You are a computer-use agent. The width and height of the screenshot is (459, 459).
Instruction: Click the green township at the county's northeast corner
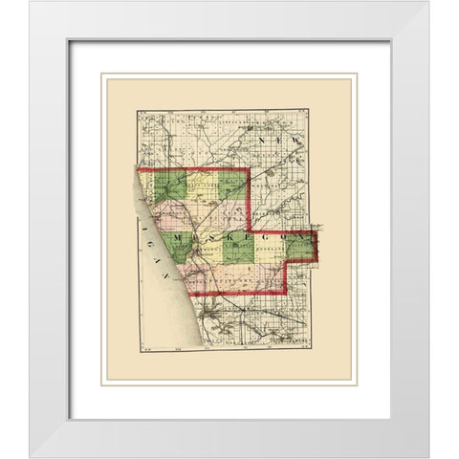pos(232,185)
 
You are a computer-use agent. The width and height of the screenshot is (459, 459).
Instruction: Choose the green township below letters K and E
pos(238,250)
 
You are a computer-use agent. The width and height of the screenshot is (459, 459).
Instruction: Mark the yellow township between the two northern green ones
pos(202,186)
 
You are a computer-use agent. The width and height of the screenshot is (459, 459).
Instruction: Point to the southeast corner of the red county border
pos(286,292)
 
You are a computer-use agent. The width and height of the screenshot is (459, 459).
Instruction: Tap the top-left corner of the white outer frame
pos(30,3)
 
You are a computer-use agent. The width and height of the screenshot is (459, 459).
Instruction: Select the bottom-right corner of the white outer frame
pos(428,456)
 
